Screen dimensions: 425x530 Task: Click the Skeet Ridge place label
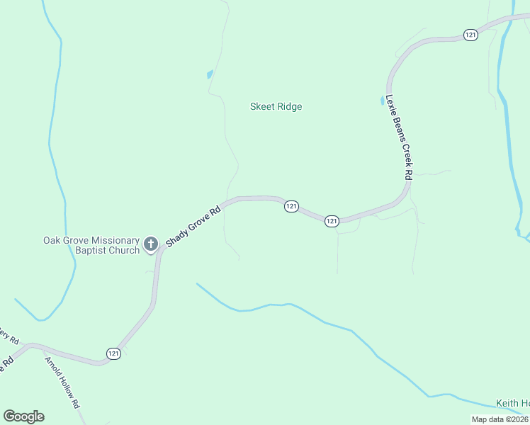[276, 107]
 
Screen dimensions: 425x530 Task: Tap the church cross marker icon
[150, 244]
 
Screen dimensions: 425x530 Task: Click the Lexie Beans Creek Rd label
[399, 137]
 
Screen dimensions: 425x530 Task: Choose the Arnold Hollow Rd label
[62, 382]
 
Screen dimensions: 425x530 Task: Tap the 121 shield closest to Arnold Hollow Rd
[114, 353]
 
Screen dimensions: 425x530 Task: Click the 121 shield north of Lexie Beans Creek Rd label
[470, 34]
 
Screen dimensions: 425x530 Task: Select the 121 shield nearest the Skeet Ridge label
[291, 206]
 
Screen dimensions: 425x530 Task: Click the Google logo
[23, 416]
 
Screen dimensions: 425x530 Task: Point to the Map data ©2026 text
[500, 419]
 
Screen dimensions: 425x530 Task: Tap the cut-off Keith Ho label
[512, 404]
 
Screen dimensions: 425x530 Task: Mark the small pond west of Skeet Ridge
[210, 74]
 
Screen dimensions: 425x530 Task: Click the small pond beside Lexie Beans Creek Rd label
[383, 100]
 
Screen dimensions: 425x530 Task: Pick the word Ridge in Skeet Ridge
[289, 107]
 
